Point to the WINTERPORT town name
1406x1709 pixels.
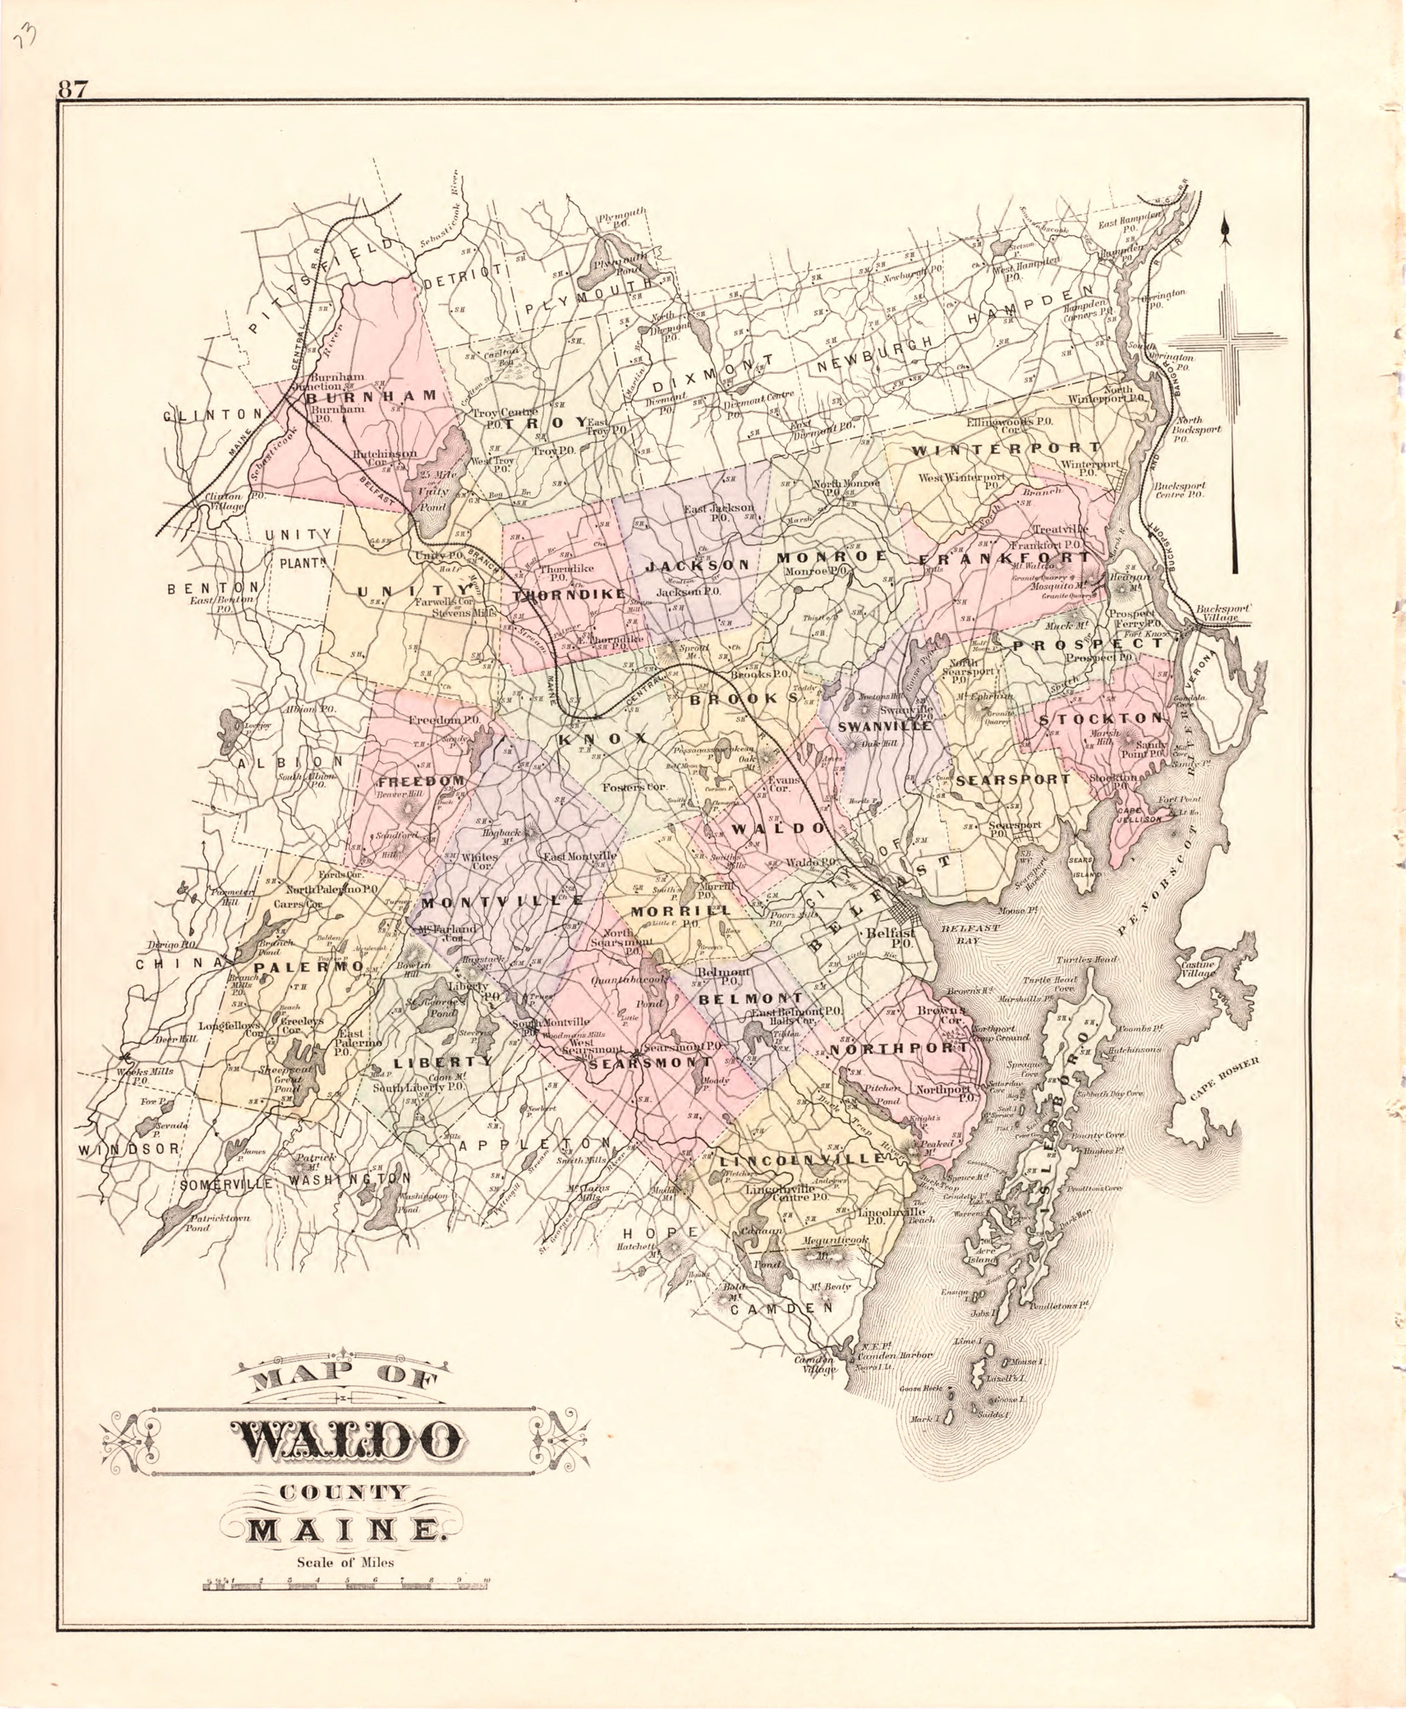point(1006,448)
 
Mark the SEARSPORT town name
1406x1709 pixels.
point(1012,780)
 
